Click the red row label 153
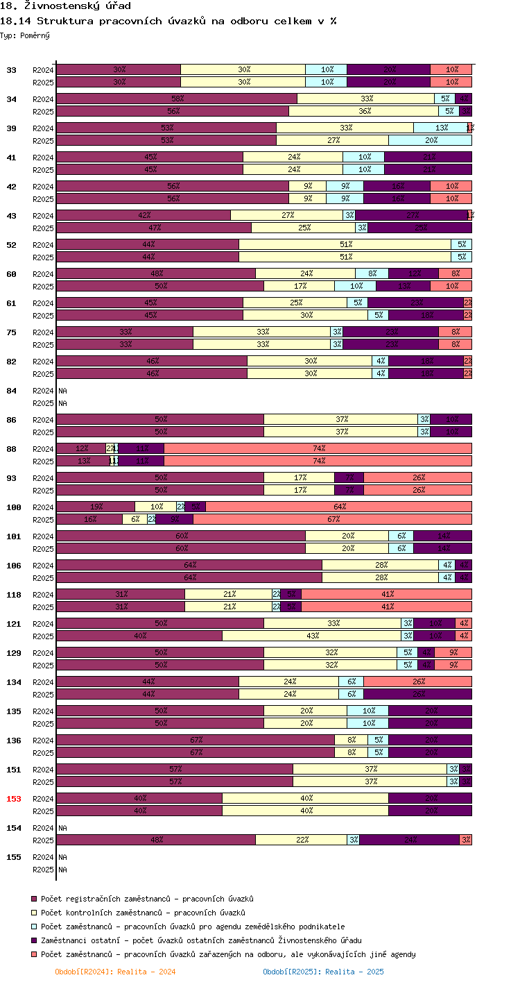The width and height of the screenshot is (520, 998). (x=14, y=799)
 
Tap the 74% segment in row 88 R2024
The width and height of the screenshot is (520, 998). (x=318, y=449)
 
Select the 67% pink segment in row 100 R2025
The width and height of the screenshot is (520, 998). (x=333, y=520)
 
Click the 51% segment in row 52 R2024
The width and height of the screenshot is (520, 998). (x=345, y=245)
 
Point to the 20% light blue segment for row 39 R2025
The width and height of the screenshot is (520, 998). (x=431, y=141)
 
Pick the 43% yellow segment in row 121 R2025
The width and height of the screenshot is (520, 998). (x=312, y=636)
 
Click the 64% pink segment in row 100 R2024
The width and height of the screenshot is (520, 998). (x=338, y=507)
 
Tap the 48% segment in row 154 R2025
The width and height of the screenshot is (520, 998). (x=156, y=840)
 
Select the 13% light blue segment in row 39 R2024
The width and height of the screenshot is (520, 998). (x=440, y=128)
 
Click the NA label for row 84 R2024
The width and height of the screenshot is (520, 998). (x=62, y=391)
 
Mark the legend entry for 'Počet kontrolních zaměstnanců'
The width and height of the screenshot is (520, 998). (x=143, y=913)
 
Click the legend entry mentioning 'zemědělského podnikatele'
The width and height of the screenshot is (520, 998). (x=192, y=927)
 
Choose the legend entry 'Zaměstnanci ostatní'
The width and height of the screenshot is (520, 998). (x=201, y=940)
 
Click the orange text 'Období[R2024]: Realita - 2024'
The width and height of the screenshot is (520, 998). (x=115, y=972)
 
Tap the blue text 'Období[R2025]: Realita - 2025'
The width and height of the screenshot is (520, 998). (x=323, y=972)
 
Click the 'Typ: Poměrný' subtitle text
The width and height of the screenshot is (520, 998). (x=25, y=35)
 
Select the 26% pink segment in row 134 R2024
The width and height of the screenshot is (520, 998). (x=417, y=682)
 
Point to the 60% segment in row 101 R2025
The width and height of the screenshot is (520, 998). (x=181, y=549)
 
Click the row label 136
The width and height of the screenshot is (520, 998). (x=14, y=741)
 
